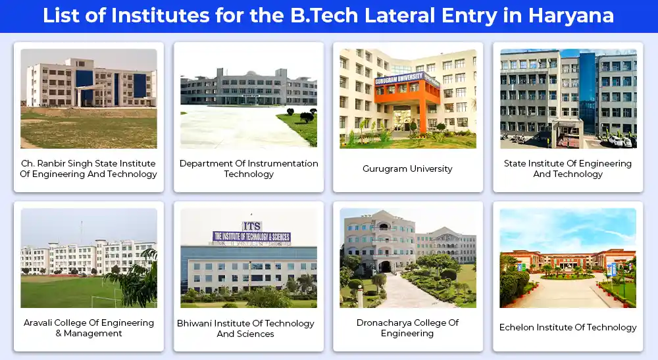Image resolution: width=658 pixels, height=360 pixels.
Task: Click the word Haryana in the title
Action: coord(570,16)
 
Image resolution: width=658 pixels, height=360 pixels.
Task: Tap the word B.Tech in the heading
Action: coord(324,16)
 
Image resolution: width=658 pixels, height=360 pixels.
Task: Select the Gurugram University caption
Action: coord(407,168)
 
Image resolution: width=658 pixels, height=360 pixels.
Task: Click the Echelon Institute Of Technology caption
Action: coord(568,327)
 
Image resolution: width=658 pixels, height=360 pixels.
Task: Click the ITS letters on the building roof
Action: coord(251,226)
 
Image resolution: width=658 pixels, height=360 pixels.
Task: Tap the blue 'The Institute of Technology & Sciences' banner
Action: coord(252,237)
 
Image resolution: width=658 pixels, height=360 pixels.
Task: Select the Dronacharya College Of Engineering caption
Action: coord(407,328)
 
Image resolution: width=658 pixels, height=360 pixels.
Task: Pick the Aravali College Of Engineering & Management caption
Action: coord(89,328)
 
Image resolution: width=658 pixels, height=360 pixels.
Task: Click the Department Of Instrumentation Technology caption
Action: coord(249,168)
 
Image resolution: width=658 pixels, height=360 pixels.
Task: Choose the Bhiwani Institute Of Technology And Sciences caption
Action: coord(245,328)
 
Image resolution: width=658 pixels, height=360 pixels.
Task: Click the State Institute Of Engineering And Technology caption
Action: coord(568,168)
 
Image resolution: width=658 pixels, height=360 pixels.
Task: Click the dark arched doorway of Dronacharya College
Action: coord(385,267)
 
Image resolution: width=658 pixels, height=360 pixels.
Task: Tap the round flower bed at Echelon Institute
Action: coord(567,276)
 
